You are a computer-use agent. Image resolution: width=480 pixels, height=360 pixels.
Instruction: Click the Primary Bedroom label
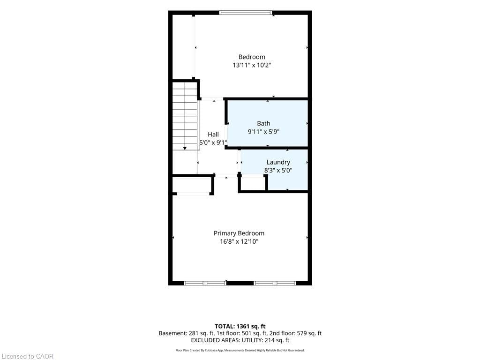[239, 233]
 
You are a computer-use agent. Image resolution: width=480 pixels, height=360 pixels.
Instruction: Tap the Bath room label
[263, 123]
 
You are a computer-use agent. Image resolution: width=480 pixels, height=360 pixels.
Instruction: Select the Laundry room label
[278, 162]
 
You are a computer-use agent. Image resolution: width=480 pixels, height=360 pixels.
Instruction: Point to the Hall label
[213, 135]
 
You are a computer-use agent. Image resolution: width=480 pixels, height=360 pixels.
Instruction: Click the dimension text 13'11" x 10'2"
[252, 65]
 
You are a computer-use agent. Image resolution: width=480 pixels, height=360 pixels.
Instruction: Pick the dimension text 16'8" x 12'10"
[239, 241]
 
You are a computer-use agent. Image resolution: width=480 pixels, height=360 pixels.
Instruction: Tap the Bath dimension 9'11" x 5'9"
[263, 132]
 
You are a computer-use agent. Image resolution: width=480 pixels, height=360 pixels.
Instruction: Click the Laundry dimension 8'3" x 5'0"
[278, 171]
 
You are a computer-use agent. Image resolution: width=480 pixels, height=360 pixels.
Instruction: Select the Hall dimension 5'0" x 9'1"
[213, 142]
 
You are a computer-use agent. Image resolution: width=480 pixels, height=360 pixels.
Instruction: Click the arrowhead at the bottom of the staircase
[185, 149]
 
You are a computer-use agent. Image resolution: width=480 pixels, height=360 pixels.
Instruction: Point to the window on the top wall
[246, 13]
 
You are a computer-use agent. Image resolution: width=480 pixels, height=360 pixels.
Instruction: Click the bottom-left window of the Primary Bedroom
[205, 283]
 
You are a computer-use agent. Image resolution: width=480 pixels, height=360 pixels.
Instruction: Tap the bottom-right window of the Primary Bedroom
[275, 283]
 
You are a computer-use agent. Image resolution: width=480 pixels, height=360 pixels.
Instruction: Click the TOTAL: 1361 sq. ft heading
[240, 326]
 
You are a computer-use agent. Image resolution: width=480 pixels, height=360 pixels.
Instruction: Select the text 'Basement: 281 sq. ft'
[186, 333]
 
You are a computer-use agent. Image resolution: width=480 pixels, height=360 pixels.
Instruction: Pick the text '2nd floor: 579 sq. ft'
[295, 333]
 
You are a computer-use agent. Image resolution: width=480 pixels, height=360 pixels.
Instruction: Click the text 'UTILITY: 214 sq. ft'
[265, 340]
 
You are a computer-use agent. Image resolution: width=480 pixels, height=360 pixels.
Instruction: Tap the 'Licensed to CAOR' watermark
[28, 356]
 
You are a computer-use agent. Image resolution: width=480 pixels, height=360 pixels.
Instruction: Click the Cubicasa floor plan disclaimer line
[240, 350]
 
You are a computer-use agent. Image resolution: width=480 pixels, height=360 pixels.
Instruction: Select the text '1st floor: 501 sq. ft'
[241, 333]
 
